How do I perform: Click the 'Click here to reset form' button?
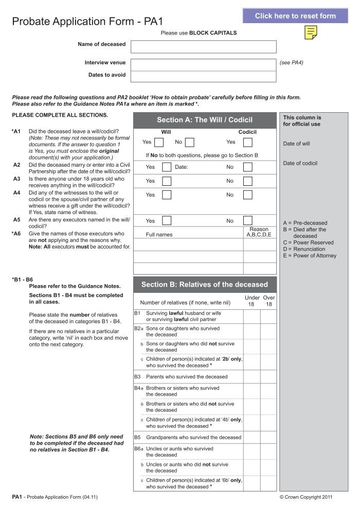pos(295,16)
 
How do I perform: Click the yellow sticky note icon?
pos(310,33)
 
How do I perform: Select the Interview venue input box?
pos(203,64)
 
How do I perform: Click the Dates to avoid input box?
pos(203,76)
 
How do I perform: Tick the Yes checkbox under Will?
pos(159,143)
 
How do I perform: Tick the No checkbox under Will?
pos(189,143)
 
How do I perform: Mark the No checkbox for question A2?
pos(247,167)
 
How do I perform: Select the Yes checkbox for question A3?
pos(166,181)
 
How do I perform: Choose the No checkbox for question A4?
pos(247,195)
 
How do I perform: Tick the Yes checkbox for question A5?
pos(166,221)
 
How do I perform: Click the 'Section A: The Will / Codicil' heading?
pos(205,120)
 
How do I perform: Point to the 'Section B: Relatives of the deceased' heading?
pos(205,284)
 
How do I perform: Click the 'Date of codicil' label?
pos(300,163)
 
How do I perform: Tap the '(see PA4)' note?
pos(292,62)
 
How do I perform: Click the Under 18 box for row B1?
pos(251,317)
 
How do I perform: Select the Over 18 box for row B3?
pos(268,377)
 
